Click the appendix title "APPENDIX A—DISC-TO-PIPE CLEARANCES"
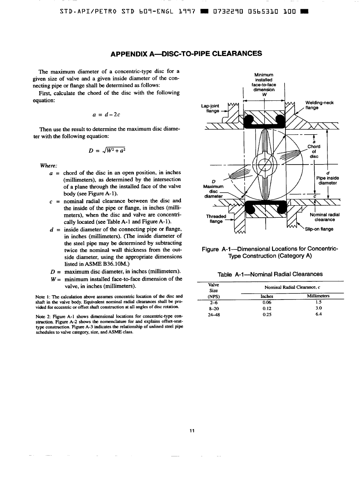pos(181,54)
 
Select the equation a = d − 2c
pos(105,114)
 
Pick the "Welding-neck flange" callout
pos(319,105)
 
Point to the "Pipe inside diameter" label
pos(327,180)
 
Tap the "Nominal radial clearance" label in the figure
pos(325,217)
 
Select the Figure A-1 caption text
pos(270,252)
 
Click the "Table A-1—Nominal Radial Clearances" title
pos(270,275)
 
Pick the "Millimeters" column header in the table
pos(318,296)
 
